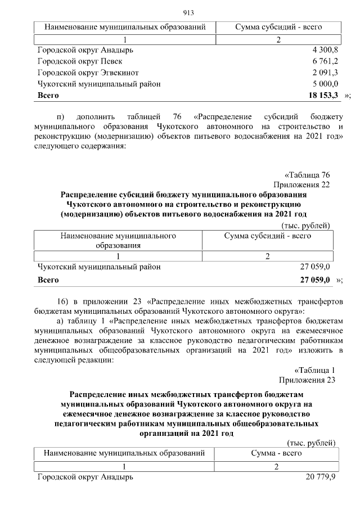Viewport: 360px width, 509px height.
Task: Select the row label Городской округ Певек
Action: coord(80,61)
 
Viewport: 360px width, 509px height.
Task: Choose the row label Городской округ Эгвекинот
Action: coord(88,73)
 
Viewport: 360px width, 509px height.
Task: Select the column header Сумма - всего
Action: coord(276,453)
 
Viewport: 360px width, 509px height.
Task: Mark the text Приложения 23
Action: coord(307,380)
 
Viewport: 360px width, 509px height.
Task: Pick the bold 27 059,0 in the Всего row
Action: coord(315,280)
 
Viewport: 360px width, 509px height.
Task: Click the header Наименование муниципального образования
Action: coord(118,241)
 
